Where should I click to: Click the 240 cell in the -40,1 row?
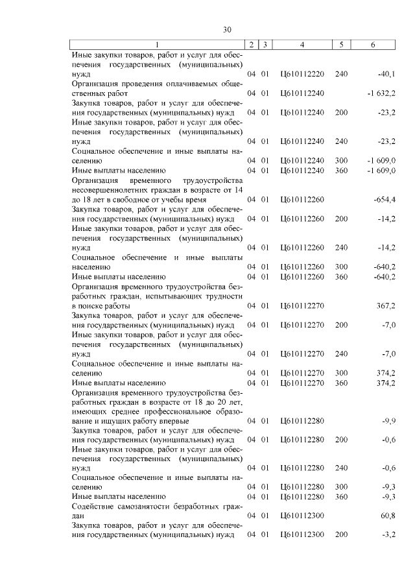point(341,75)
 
